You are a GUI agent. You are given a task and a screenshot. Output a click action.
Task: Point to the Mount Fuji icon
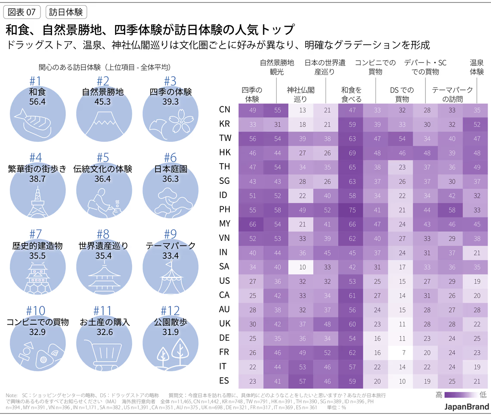[x=103, y=118]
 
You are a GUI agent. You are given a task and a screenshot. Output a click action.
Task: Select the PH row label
[x=225, y=210]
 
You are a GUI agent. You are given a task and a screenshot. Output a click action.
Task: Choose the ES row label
[x=225, y=381]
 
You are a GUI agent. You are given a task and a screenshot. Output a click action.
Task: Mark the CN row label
[x=225, y=110]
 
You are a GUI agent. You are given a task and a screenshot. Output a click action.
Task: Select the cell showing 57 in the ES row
[x=301, y=381]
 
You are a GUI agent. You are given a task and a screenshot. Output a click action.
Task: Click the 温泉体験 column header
[x=476, y=67]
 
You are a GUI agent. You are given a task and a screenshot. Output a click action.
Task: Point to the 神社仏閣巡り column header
[x=301, y=94]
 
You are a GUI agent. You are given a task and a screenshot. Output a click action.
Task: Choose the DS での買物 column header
[x=402, y=94]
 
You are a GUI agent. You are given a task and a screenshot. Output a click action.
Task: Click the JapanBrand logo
[x=467, y=407]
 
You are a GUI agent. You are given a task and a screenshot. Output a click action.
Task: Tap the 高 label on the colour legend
[x=439, y=394]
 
